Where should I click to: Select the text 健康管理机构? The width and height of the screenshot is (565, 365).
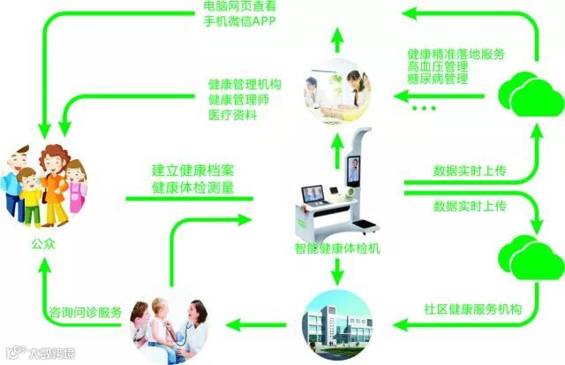click(245, 84)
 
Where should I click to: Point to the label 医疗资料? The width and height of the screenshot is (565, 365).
click(233, 115)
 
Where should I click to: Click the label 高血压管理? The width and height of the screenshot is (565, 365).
click(437, 66)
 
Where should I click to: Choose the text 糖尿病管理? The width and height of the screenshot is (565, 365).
click(437, 80)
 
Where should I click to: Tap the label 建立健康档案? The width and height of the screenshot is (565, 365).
click(192, 170)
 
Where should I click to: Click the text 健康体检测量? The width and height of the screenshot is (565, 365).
click(192, 186)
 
